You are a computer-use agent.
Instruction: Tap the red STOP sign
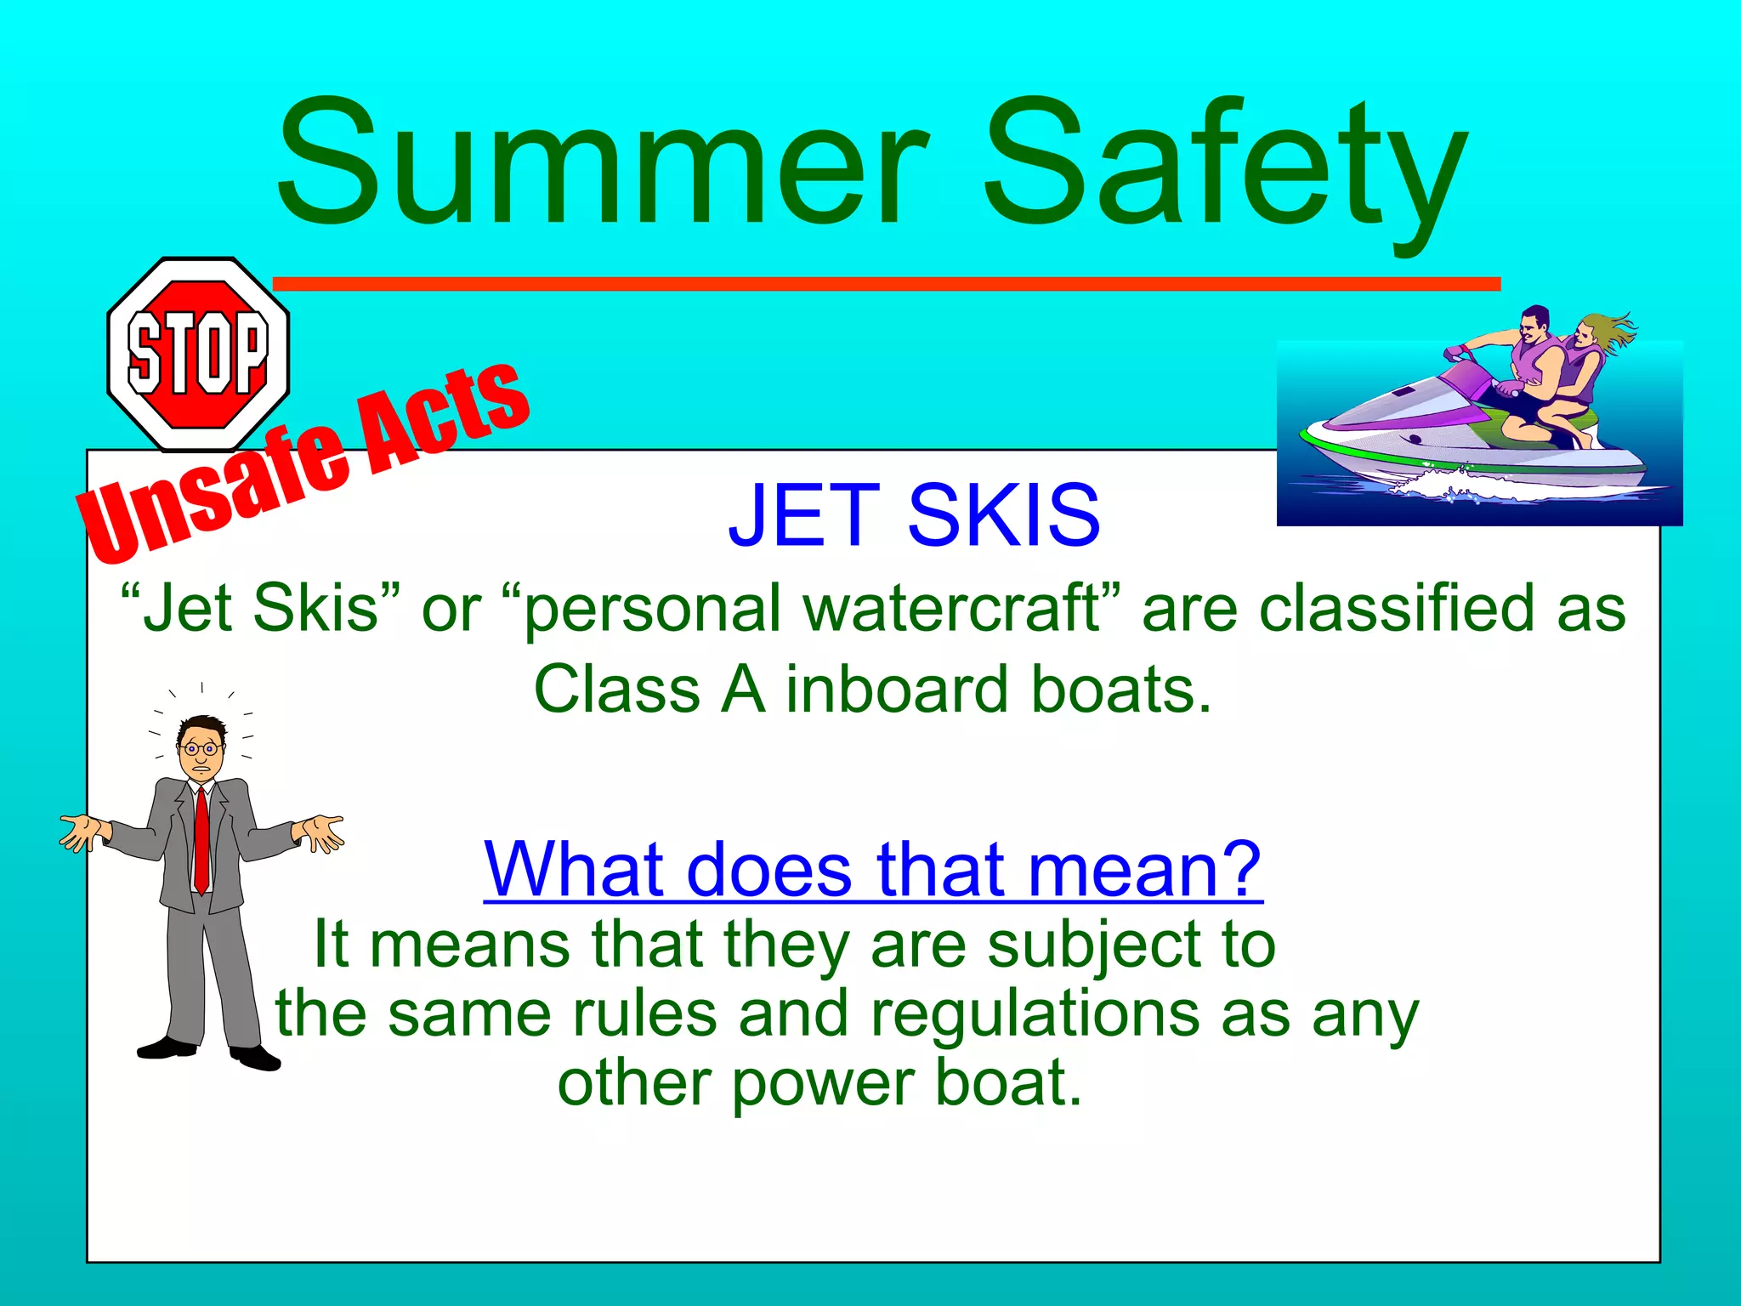[x=198, y=354]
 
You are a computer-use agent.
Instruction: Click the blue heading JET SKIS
[x=914, y=515]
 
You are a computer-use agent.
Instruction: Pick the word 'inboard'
[x=898, y=689]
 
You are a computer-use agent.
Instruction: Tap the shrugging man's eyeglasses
[x=201, y=749]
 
